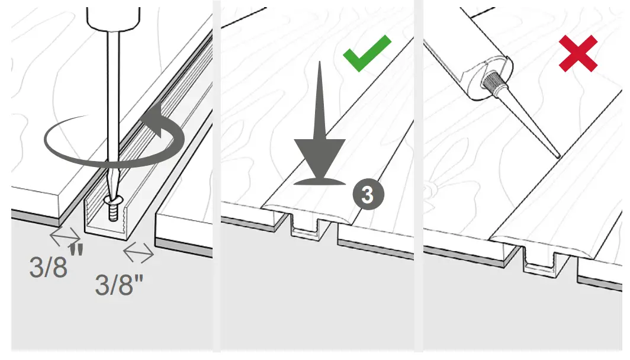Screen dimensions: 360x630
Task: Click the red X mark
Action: [578, 53]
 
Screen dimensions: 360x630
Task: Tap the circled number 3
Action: [367, 195]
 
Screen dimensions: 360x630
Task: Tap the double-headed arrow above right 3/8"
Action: [139, 253]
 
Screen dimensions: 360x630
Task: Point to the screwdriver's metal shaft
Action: [110, 107]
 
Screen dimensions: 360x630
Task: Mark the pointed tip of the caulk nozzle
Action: [558, 156]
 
